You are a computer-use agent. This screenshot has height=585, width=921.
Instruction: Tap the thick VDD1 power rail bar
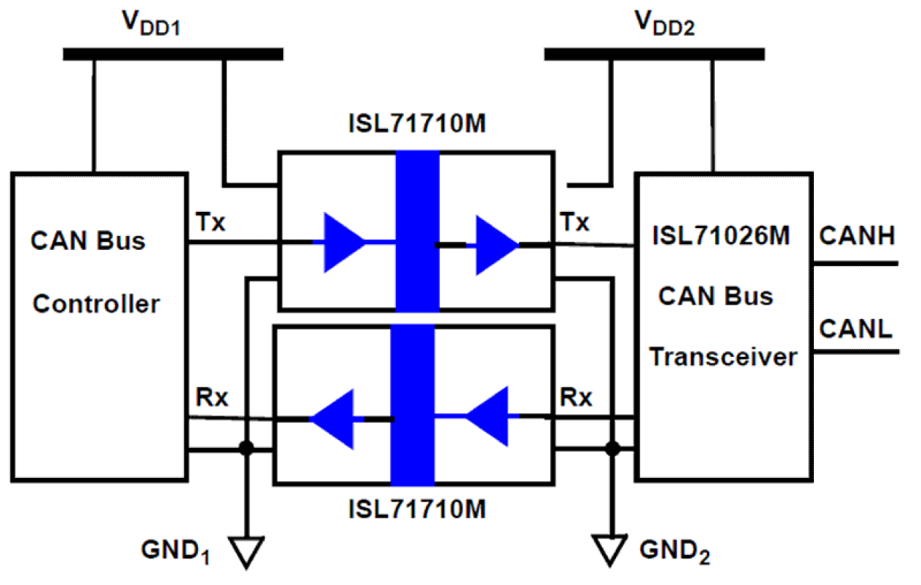[x=173, y=54]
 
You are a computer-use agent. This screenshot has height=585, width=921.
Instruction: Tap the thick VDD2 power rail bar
[x=654, y=54]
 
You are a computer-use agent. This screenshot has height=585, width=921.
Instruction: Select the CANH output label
[x=856, y=237]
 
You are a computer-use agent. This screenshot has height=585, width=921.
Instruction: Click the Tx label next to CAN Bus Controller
[x=211, y=221]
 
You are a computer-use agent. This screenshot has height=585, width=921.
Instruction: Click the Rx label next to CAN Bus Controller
[x=212, y=398]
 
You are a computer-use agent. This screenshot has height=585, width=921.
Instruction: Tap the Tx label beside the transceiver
[x=575, y=221]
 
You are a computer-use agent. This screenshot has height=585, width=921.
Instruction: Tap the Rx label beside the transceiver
[x=576, y=398]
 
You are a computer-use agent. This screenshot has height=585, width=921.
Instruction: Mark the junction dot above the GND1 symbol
[x=247, y=448]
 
